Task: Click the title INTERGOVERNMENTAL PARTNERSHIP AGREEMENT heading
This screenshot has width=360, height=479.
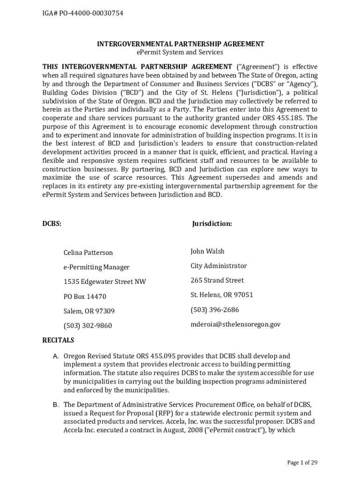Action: (180, 44)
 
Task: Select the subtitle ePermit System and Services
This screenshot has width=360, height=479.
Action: (180, 52)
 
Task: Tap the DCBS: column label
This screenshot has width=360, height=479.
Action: (52, 224)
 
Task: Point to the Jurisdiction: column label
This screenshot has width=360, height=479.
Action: (212, 224)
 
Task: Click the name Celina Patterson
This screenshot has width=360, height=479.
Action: (88, 253)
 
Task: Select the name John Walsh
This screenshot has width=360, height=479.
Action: (207, 251)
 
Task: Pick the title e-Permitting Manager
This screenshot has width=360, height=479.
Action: (96, 267)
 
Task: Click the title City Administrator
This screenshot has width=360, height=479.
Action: (218, 266)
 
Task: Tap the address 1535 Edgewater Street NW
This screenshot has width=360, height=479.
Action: (104, 282)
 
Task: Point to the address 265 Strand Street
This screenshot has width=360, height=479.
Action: (217, 280)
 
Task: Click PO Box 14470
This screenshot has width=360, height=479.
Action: (85, 297)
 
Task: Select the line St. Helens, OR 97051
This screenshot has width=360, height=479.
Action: (222, 295)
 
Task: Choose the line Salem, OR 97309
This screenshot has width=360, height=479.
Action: (89, 311)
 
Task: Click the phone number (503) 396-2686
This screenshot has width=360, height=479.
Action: (215, 310)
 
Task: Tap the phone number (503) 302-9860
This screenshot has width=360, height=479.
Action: (87, 326)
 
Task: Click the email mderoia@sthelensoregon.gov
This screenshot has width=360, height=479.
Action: (235, 324)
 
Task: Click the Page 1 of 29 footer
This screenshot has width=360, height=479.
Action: (302, 463)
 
